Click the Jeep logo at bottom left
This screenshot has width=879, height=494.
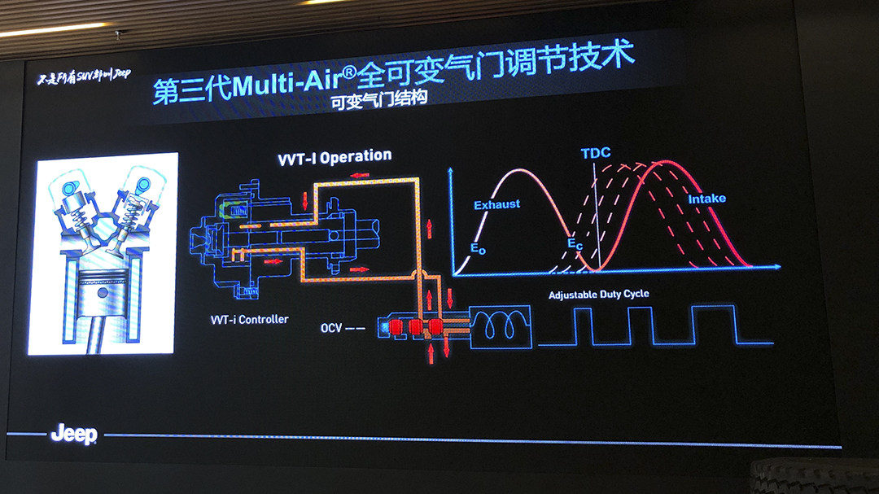(73, 435)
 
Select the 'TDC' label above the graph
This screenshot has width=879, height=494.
(596, 153)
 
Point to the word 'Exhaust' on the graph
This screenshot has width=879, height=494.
(496, 204)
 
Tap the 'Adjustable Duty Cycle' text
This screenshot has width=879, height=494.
(598, 295)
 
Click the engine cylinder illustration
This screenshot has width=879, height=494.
(103, 253)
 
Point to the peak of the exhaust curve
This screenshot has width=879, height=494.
(515, 169)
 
